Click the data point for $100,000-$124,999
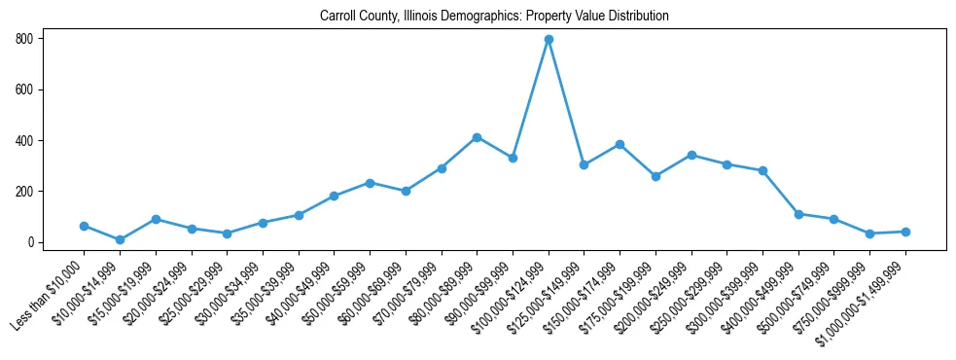[549, 39]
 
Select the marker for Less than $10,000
[84, 226]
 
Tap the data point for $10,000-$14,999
[120, 239]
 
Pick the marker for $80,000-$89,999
[477, 137]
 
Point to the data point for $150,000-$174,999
[620, 144]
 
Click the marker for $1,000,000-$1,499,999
[905, 232]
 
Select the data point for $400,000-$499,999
[798, 214]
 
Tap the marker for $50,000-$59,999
[370, 183]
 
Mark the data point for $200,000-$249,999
[691, 155]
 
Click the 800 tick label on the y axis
[24, 39]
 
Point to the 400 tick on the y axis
[24, 140]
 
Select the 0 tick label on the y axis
[30, 242]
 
